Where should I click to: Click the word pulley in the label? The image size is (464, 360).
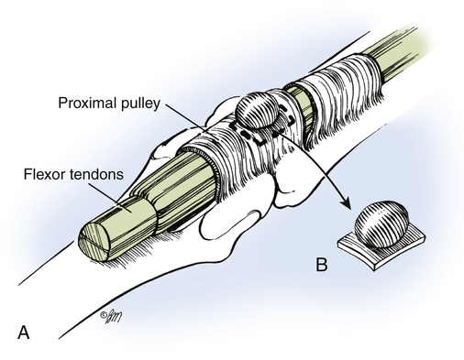click(x=141, y=104)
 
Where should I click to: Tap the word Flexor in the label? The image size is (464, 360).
click(x=45, y=174)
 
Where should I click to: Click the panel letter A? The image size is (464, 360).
click(x=24, y=333)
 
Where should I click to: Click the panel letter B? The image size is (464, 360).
click(x=322, y=265)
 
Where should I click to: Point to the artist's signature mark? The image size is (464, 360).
click(x=111, y=318)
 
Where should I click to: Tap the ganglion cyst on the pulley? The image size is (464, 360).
click(x=257, y=110)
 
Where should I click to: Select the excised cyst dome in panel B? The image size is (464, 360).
click(x=381, y=224)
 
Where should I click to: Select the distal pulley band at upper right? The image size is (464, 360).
click(x=339, y=92)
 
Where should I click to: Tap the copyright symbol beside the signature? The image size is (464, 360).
click(x=103, y=315)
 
